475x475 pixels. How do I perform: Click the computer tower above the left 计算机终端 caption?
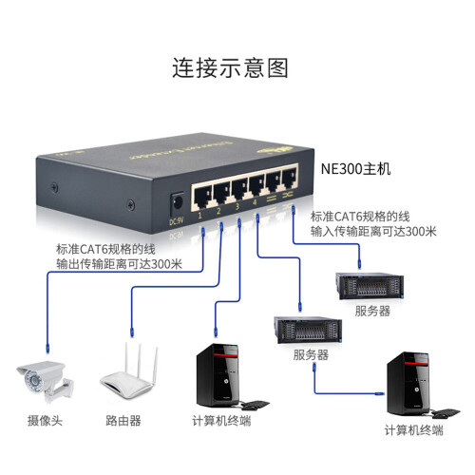click(x=217, y=375)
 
